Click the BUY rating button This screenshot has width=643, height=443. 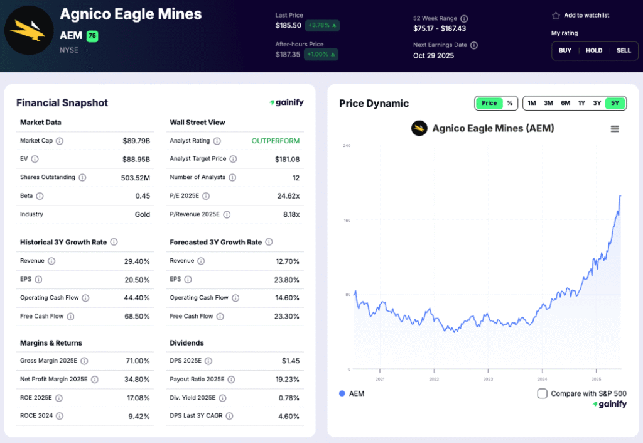(x=565, y=50)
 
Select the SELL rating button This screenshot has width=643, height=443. (x=623, y=50)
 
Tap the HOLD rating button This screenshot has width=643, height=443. (x=594, y=50)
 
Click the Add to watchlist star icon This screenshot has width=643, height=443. (x=556, y=16)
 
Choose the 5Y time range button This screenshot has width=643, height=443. (x=615, y=103)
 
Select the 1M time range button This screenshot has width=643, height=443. (x=532, y=103)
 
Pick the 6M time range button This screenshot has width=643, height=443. (x=565, y=103)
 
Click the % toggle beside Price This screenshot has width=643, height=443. (x=509, y=103)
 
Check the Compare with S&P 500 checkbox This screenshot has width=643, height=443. (x=543, y=393)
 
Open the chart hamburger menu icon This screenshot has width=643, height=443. (x=615, y=129)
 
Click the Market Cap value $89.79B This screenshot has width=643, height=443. (x=136, y=141)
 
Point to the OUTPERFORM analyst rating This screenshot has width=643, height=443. (x=276, y=141)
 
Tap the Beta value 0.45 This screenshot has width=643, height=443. (x=143, y=196)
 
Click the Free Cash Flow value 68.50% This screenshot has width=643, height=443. (x=137, y=317)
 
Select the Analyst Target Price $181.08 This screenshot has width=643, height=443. (x=287, y=160)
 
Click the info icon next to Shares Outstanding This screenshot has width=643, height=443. (x=82, y=178)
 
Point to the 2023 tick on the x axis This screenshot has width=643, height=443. (x=488, y=379)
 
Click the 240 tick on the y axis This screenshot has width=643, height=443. (x=346, y=146)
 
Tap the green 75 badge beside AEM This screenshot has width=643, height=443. (x=92, y=36)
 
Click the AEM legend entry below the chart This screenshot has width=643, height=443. (x=352, y=393)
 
